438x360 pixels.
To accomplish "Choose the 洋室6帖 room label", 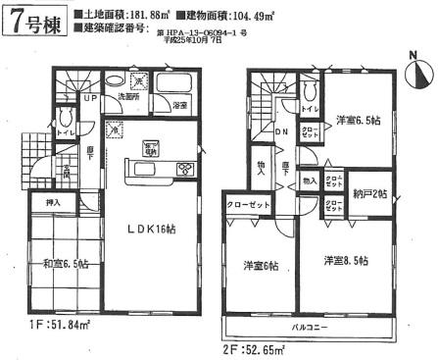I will tap(261, 264).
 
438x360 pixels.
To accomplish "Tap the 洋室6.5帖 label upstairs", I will tap(357, 122).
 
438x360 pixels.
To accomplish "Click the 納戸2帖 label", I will tap(370, 194).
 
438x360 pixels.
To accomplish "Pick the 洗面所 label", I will tap(130, 97).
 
